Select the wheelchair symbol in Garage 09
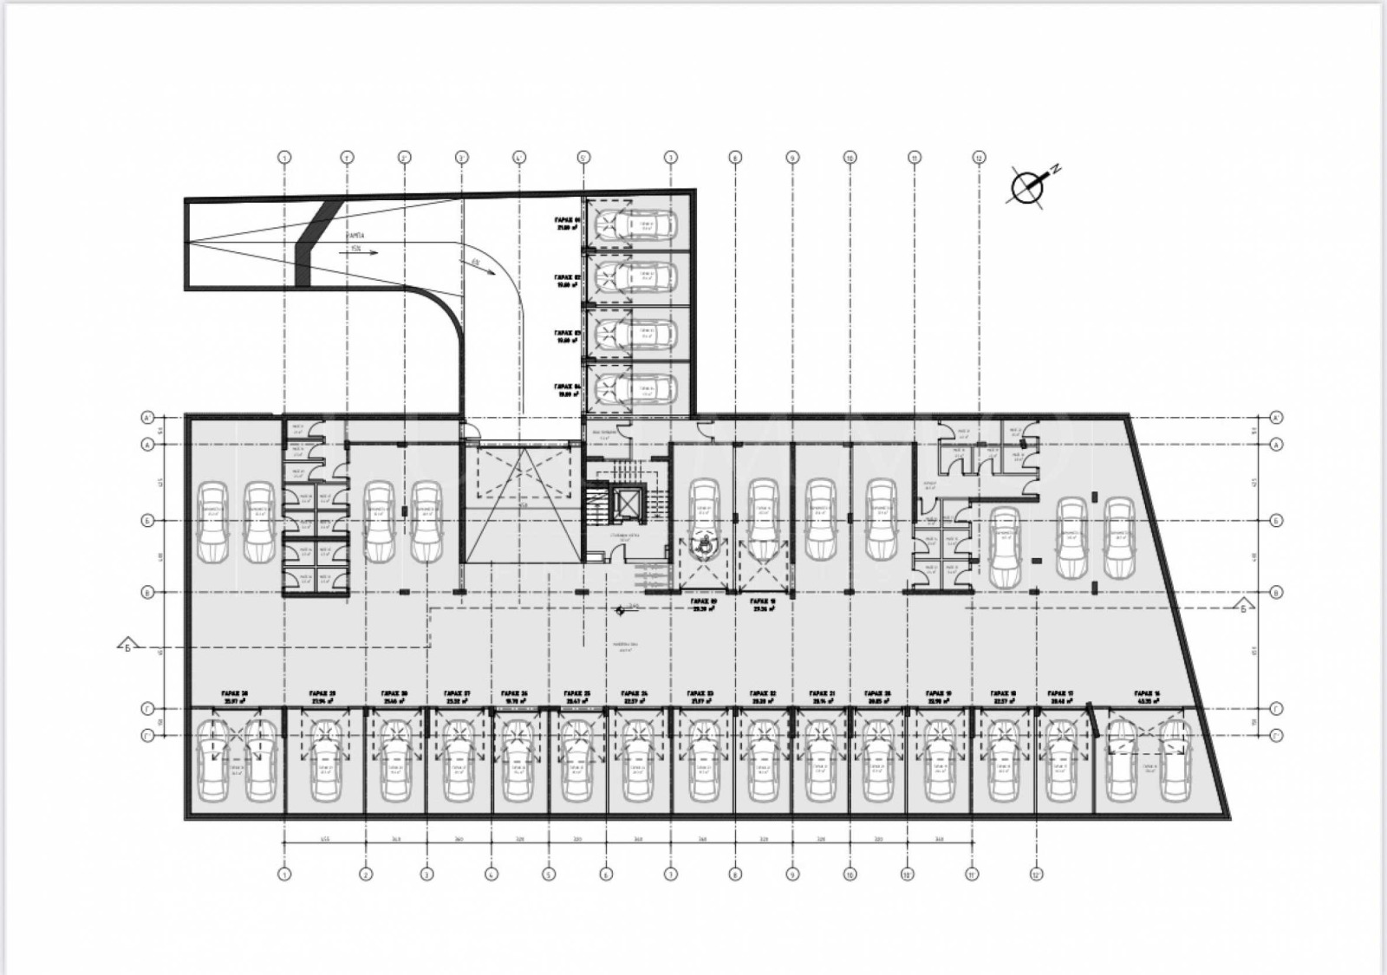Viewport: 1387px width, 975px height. (705, 545)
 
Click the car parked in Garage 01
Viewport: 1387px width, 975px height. (642, 225)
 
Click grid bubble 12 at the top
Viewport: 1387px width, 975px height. (979, 158)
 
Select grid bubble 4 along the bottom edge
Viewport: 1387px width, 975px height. (490, 874)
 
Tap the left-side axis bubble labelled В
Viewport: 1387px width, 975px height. (147, 593)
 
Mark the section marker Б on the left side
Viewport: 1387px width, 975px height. (127, 646)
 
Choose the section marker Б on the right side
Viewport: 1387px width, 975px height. (1244, 605)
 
